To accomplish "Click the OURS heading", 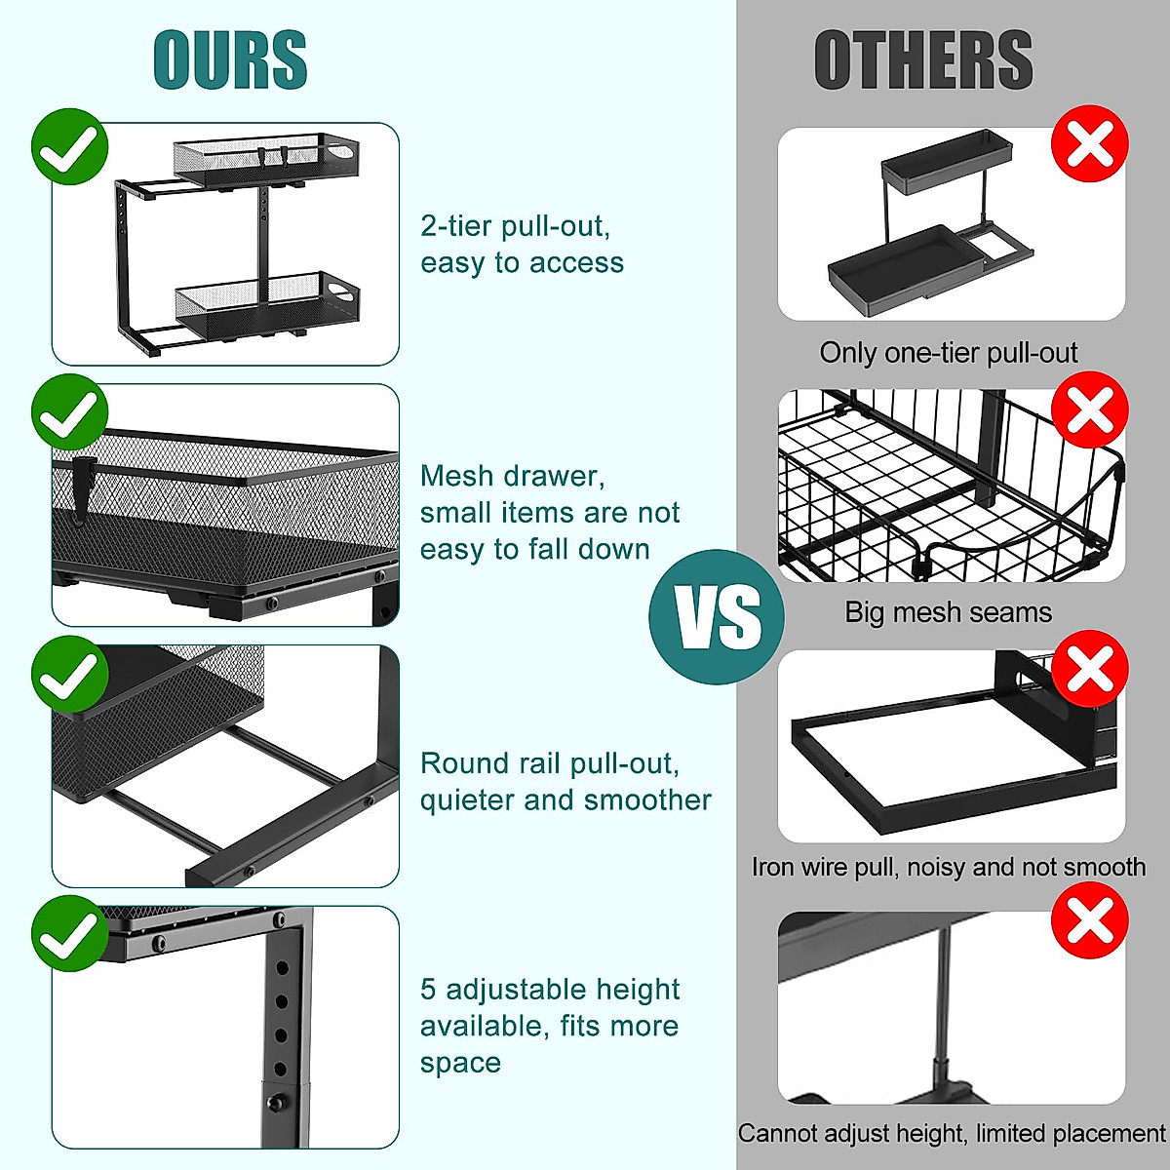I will point(230,60).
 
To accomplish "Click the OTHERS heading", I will point(922,60).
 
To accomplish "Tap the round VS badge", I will point(717,616).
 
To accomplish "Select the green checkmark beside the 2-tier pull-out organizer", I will point(69,146).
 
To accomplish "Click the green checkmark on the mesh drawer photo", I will point(69,412).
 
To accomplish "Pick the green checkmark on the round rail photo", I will point(69,673).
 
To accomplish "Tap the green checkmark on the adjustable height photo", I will point(69,934).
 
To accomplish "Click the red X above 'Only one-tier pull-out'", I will point(1089,144).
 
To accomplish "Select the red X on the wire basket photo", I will point(1089,409).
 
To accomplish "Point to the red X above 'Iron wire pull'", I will point(1089,669).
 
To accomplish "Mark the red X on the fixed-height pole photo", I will point(1089,920).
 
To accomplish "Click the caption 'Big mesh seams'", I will point(948,612).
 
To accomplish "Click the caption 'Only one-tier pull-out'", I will point(948,353).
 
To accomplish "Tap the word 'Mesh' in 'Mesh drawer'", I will point(458,476).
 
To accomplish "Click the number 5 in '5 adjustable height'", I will point(428,990).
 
